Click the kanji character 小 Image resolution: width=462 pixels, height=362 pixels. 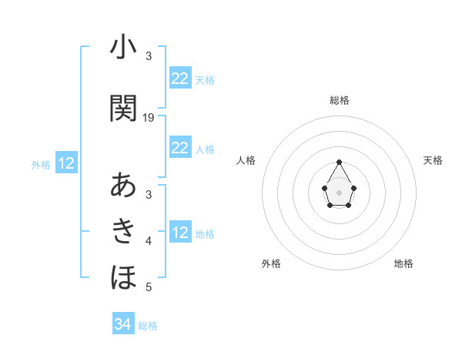pos(123,49)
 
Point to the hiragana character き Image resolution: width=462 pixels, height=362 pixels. pos(123,230)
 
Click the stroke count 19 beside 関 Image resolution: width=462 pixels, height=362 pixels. pos(149,117)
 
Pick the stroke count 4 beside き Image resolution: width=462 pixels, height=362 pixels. pos(149,241)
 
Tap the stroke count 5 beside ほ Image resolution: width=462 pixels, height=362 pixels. pos(149,287)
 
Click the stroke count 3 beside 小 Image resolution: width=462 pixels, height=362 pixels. pos(149,56)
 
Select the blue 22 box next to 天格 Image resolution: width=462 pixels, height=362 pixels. pos(179,79)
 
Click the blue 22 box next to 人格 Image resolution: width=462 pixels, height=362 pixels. pos(179,148)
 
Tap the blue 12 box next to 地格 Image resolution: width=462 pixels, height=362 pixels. pos(179,233)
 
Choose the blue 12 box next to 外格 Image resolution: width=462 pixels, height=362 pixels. pos(66,163)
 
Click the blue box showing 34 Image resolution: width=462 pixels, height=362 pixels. pos(122,324)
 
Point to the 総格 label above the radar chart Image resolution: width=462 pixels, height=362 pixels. pos(339,100)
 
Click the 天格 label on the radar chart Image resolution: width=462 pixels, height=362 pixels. pos(433,160)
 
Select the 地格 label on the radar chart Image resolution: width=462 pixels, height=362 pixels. pos(403,263)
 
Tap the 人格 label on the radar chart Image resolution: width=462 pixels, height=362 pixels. pos(246,160)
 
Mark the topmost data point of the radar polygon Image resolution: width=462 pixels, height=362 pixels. pos(339,162)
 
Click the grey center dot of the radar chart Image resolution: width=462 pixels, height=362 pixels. pos(339,192)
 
